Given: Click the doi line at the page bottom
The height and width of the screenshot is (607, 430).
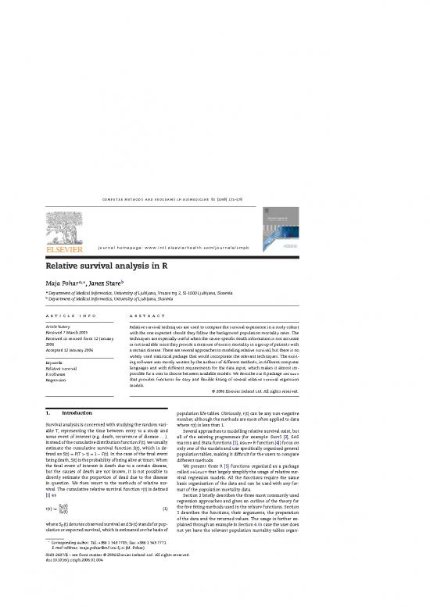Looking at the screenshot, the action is click(83, 593).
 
